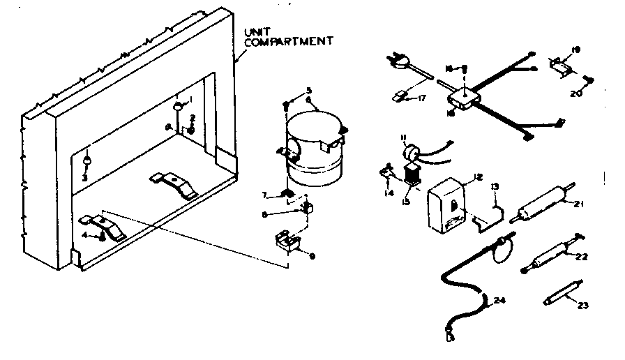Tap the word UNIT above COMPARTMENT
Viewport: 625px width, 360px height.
(255, 32)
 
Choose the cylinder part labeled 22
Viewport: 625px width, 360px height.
(550, 255)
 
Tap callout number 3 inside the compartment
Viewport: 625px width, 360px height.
(84, 179)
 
